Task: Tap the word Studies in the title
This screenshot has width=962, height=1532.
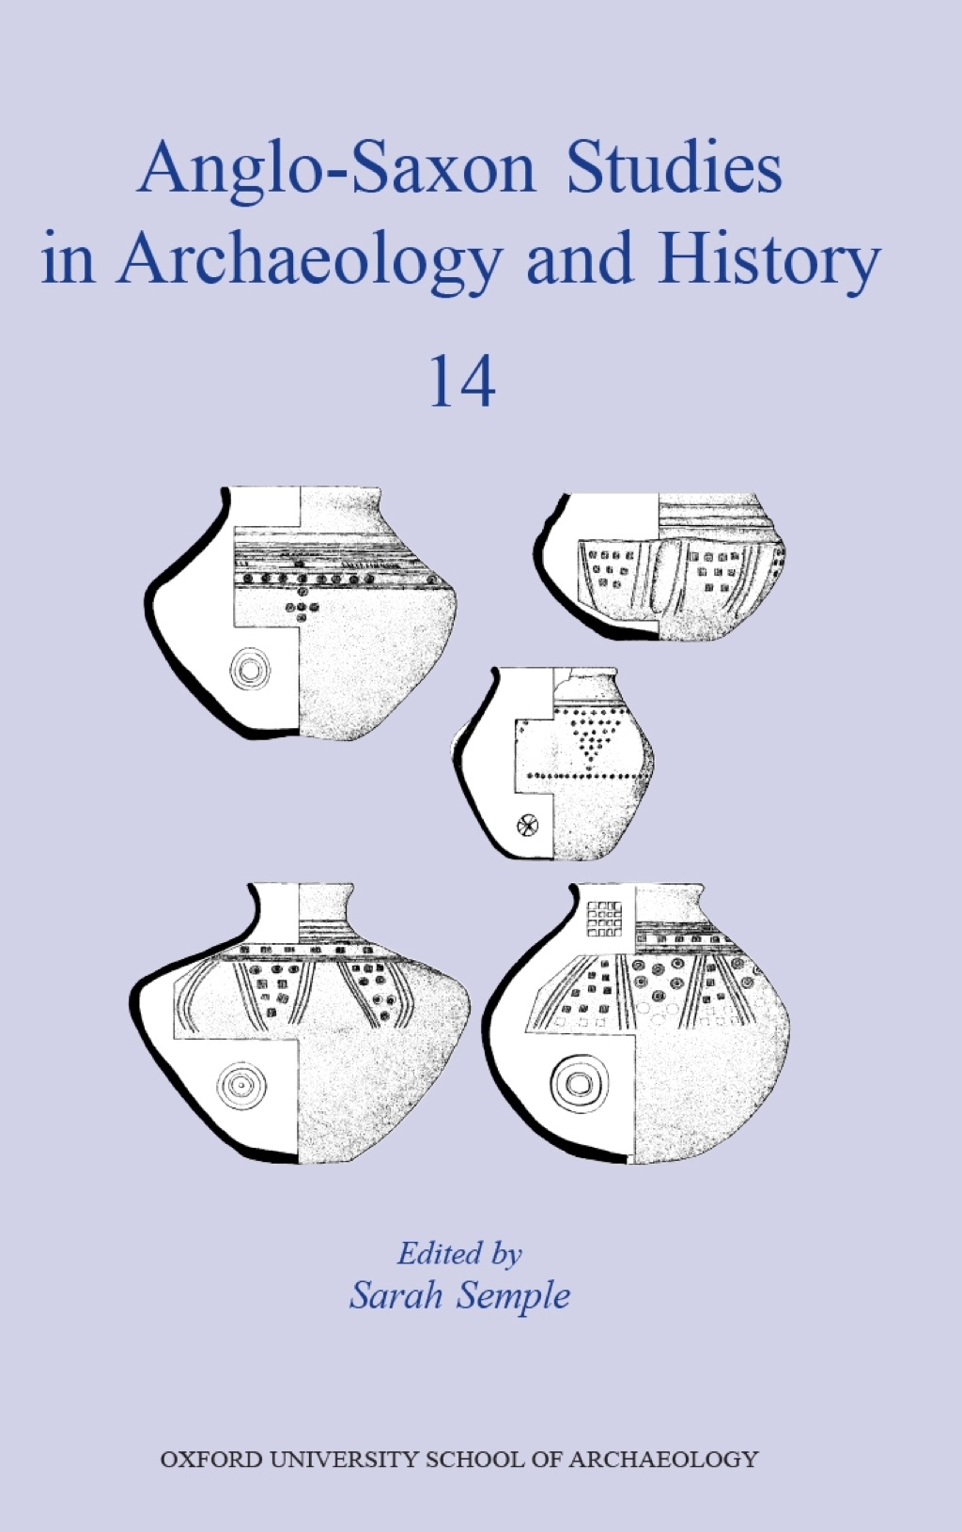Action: click(x=674, y=169)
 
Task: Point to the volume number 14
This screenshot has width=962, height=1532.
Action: click(x=462, y=383)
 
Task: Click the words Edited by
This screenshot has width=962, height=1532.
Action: click(x=459, y=1253)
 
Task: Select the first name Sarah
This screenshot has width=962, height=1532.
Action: click(x=396, y=1296)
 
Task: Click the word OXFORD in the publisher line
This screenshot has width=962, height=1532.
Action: click(x=211, y=1460)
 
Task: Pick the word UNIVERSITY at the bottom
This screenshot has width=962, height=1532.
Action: click(x=343, y=1460)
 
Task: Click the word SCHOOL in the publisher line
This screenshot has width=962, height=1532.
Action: click(x=472, y=1460)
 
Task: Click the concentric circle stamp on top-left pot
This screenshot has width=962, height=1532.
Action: click(x=250, y=670)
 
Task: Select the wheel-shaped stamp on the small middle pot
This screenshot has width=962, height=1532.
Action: click(x=527, y=827)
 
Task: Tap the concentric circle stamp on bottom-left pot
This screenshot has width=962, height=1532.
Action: click(x=240, y=1086)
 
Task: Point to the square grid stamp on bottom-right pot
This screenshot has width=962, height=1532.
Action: click(x=603, y=920)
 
